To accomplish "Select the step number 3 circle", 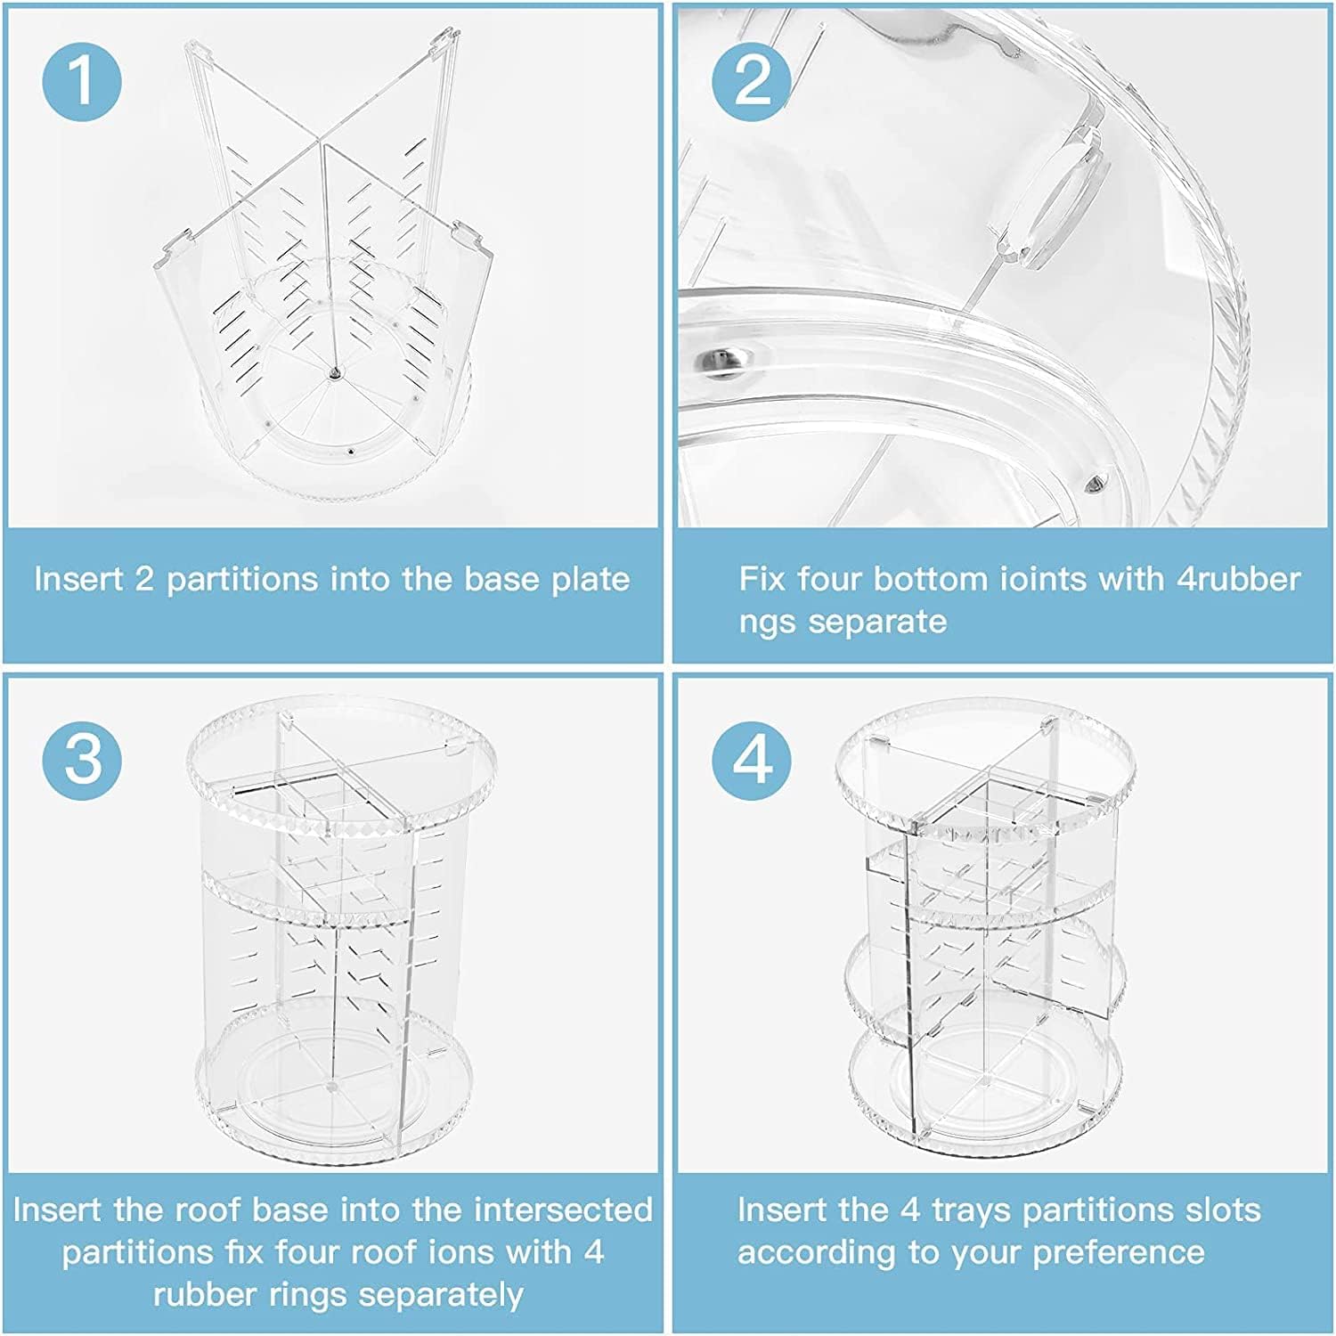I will pyautogui.click(x=82, y=760).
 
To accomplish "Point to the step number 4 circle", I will pyautogui.click(x=751, y=760).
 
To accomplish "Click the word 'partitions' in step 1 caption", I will pyautogui.click(x=242, y=579).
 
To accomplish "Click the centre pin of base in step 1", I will pyautogui.click(x=333, y=375).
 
